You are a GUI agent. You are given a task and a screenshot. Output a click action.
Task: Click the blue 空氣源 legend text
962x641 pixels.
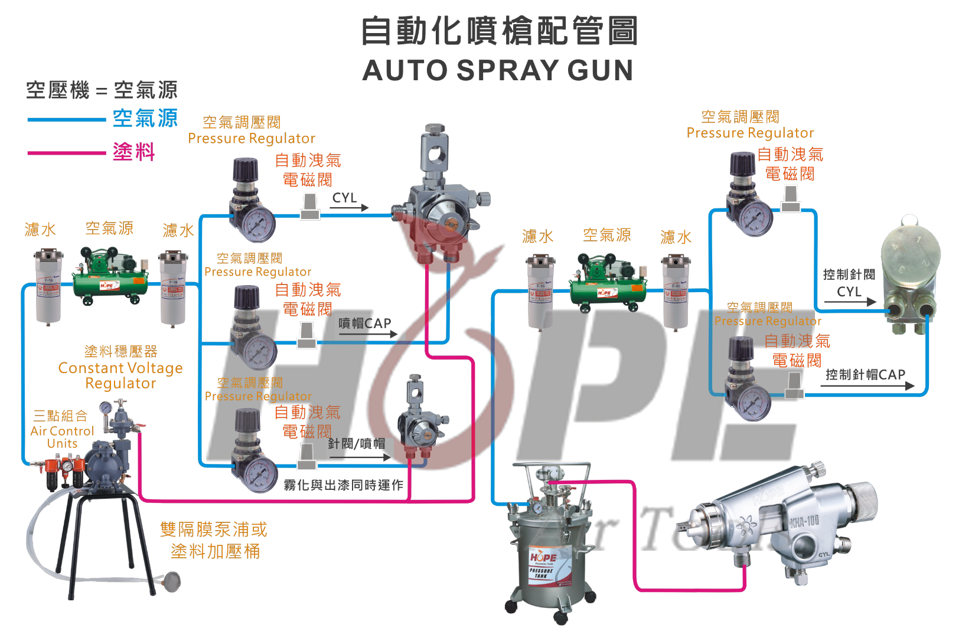click(x=145, y=119)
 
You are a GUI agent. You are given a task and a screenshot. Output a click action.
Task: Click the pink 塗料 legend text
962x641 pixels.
click(x=134, y=152)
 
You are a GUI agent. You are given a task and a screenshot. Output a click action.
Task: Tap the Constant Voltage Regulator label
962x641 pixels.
click(x=120, y=375)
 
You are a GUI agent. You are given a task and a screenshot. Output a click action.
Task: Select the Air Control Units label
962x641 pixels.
click(x=62, y=437)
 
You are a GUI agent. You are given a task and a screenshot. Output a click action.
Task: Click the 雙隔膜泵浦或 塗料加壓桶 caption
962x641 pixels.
click(x=214, y=540)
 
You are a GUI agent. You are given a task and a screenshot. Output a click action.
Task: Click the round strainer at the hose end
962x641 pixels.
click(x=172, y=582)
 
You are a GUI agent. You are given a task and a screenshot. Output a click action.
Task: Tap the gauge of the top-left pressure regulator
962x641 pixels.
click(x=259, y=224)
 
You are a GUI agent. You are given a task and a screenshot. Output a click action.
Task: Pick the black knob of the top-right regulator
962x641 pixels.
click(x=742, y=163)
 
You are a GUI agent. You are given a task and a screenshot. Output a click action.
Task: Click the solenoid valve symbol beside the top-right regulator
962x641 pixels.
click(x=791, y=199)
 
